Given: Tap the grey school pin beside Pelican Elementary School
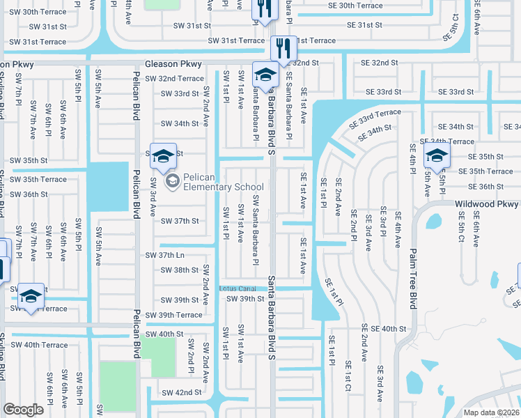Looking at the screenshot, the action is tap(171, 181).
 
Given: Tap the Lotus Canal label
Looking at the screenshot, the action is tap(238, 288).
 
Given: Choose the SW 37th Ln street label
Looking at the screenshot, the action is tap(164, 256).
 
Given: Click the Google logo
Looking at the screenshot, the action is tap(24, 409).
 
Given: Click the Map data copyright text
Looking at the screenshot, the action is tap(492, 412).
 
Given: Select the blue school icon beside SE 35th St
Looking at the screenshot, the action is tap(437, 157).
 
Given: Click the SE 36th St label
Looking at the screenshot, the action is tap(486, 186).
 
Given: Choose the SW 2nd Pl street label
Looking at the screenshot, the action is tap(191, 357).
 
